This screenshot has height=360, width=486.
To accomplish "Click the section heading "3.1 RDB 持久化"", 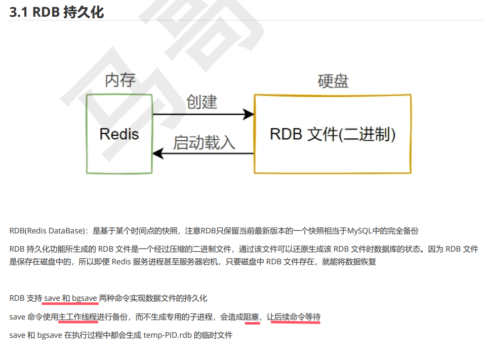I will coord(57,12).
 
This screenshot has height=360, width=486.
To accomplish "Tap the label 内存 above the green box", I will coord(120,79).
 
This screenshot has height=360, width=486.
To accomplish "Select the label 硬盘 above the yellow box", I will coord(333,81).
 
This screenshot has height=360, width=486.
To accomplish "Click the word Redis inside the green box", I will coord(119,134).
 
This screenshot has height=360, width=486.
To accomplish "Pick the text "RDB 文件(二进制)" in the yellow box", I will coord(333,134).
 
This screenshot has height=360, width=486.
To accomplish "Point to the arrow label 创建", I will coord(201,102).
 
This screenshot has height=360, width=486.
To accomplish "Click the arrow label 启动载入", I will coord(205,142).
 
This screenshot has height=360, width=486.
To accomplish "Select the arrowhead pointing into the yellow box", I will coord(249,114).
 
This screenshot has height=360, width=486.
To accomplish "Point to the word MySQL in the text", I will coord(358,231).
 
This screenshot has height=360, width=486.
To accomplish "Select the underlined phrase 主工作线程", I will coord(78,317).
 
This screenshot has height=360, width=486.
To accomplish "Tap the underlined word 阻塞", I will coord(252,317).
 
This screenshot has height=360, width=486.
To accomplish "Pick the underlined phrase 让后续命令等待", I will coord(296,317).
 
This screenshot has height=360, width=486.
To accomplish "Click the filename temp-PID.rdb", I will coord(168,335).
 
